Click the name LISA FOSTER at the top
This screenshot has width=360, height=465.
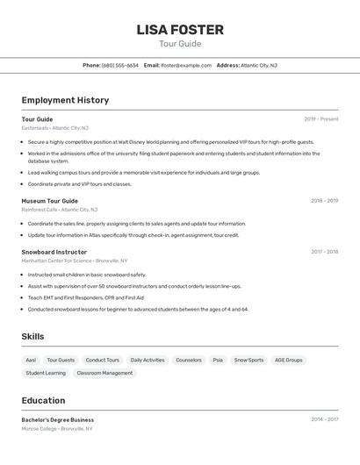180,30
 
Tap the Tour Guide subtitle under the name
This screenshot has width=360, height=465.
180,44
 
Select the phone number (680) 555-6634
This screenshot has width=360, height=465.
120,65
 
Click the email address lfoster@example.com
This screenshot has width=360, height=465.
186,65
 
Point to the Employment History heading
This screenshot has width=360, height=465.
65,100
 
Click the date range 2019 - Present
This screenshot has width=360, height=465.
320,119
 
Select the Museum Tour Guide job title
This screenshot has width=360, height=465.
50,201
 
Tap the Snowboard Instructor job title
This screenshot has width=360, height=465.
54,252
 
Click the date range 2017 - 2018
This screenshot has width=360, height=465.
324,252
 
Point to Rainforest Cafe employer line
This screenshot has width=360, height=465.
60,210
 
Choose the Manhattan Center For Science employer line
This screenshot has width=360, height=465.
75,261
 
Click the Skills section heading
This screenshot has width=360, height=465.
32,337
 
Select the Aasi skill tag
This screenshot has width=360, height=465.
31,360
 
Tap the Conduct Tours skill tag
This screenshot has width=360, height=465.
102,360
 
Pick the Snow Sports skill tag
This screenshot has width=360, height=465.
248,360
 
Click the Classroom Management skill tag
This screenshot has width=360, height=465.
104,373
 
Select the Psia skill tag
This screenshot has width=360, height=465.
218,360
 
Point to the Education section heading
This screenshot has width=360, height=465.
43,401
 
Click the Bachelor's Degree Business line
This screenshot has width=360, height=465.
58,420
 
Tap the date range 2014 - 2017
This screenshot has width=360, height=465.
324,419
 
